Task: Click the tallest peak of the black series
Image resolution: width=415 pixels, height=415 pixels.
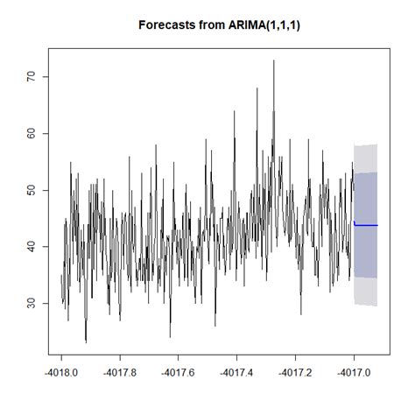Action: tap(273, 62)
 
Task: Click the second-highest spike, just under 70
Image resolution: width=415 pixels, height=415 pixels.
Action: tap(257, 88)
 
